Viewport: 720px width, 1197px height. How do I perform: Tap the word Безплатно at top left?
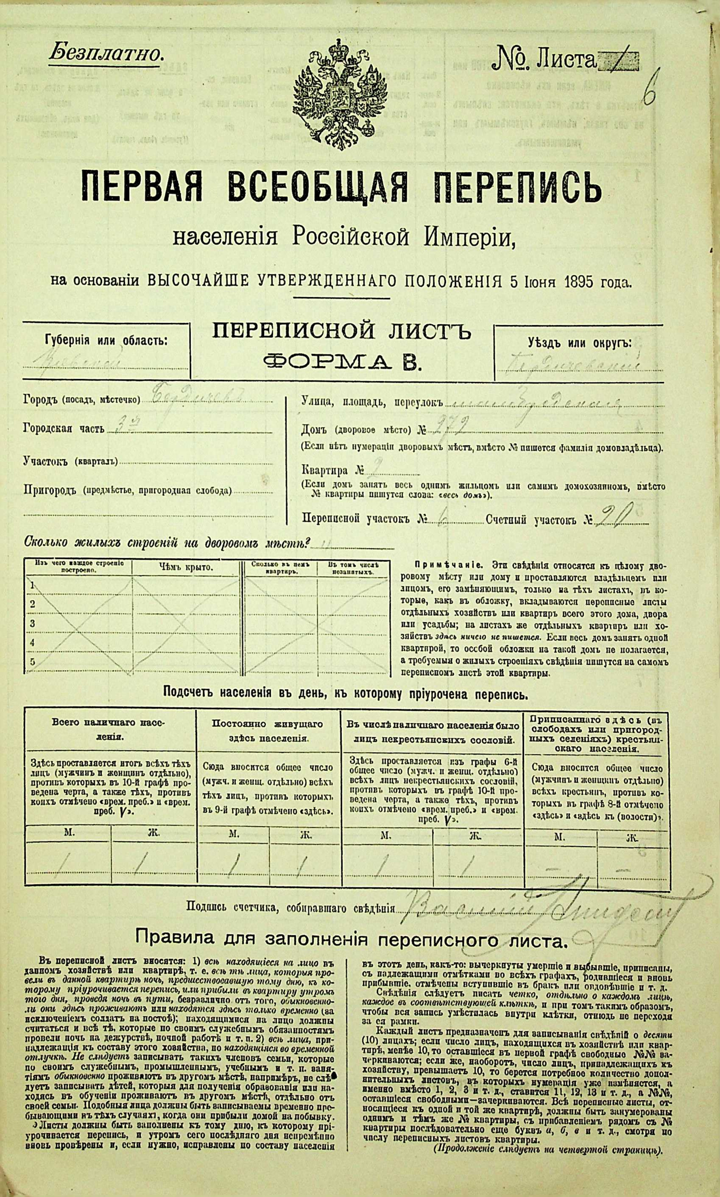(104, 53)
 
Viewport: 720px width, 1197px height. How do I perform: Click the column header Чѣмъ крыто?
(186, 567)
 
